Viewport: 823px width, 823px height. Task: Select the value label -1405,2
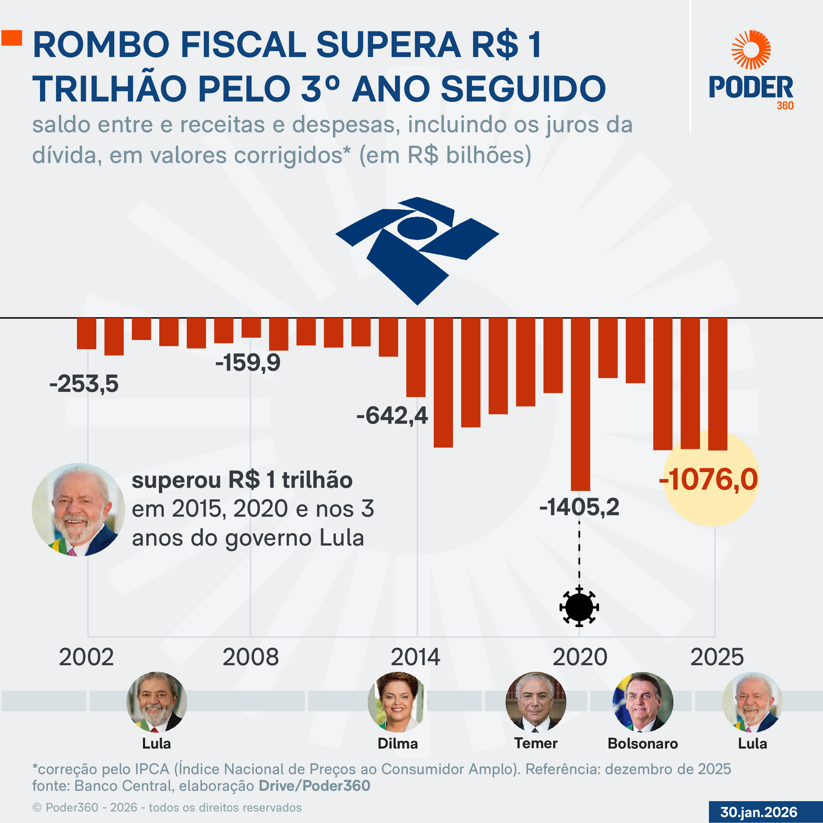tap(579, 507)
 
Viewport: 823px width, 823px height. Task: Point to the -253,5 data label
tap(84, 384)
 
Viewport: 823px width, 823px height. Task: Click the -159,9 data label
tap(247, 363)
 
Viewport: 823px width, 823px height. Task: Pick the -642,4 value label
tap(392, 415)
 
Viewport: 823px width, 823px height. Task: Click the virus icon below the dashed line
tap(579, 607)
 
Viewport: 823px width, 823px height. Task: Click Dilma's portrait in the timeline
tap(397, 702)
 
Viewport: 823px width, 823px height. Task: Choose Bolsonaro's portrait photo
tap(643, 702)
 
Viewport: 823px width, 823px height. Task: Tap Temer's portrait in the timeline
tap(536, 702)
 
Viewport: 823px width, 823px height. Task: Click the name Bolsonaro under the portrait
tap(642, 743)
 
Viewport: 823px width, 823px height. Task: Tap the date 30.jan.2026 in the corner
tap(759, 812)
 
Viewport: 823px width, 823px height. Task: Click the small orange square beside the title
tap(11, 37)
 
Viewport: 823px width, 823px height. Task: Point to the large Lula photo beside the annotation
tap(79, 510)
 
